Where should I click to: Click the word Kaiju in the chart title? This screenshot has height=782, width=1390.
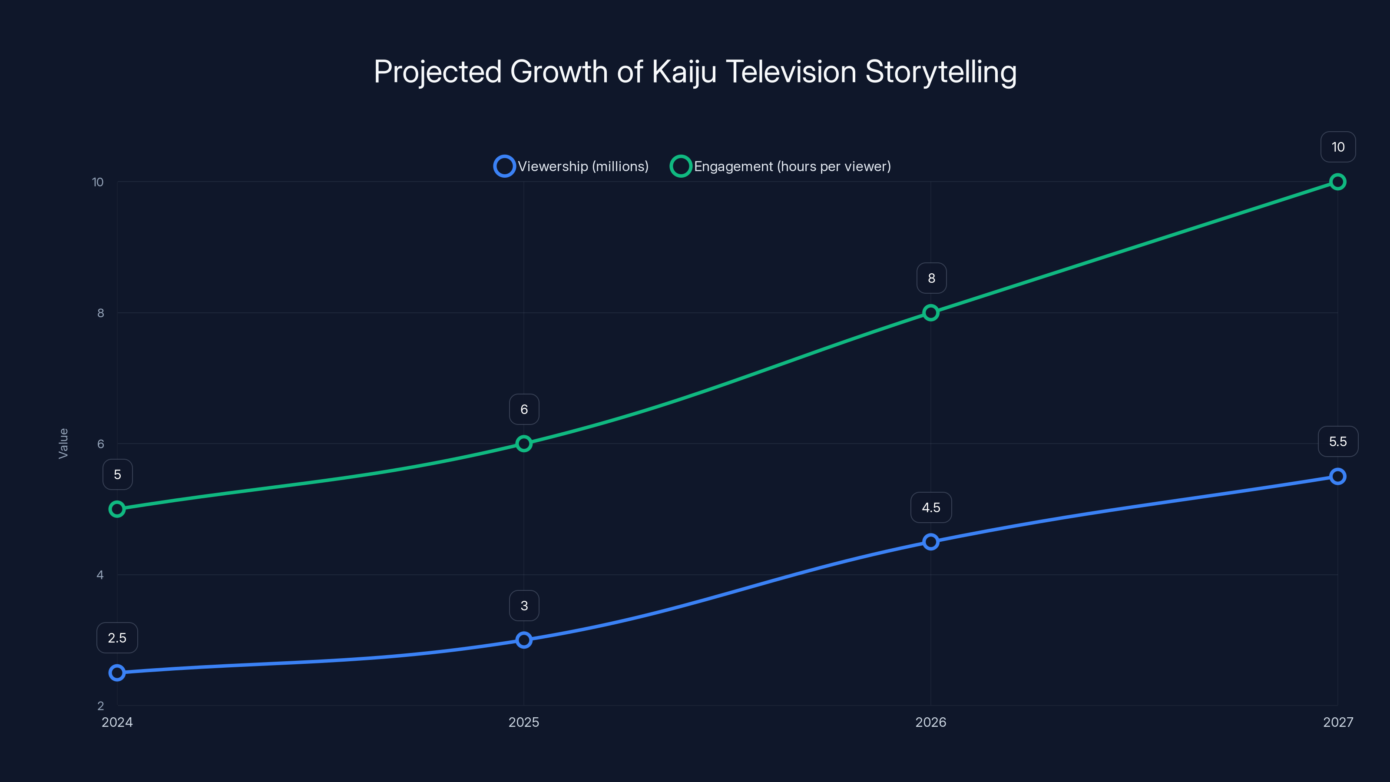pyautogui.click(x=684, y=72)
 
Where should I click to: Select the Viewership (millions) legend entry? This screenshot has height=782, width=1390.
pyautogui.click(x=572, y=166)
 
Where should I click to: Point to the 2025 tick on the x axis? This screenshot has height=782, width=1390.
pyautogui.click(x=523, y=722)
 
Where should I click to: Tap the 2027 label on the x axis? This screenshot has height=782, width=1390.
pyautogui.click(x=1338, y=722)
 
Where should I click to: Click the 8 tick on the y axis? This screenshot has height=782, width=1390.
pyautogui.click(x=100, y=313)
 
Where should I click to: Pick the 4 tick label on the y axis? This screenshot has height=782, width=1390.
pyautogui.click(x=100, y=575)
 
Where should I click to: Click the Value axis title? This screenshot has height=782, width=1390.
pyautogui.click(x=63, y=444)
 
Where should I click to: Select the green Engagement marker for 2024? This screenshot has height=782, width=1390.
pyautogui.click(x=117, y=509)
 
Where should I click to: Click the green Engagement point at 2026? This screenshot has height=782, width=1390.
pyautogui.click(x=930, y=313)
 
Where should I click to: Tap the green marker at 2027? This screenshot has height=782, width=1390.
pyautogui.click(x=1337, y=182)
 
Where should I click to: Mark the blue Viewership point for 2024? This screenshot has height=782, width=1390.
pyautogui.click(x=117, y=673)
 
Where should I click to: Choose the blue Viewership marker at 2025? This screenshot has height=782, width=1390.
pyautogui.click(x=523, y=640)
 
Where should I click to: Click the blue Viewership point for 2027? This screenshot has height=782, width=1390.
pyautogui.click(x=1337, y=477)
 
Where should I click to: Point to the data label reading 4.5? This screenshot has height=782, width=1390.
pyautogui.click(x=931, y=508)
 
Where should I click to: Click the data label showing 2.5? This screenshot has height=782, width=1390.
pyautogui.click(x=117, y=638)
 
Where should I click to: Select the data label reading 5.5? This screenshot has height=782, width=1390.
pyautogui.click(x=1338, y=441)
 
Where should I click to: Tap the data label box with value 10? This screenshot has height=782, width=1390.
pyautogui.click(x=1338, y=147)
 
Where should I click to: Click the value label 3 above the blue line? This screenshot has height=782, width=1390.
pyautogui.click(x=524, y=606)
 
